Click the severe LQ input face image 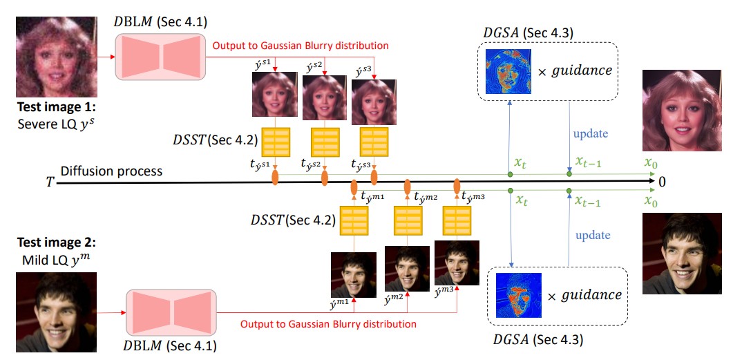tap(57, 57)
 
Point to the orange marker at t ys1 tap(275, 178)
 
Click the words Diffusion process tap(111, 171)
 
